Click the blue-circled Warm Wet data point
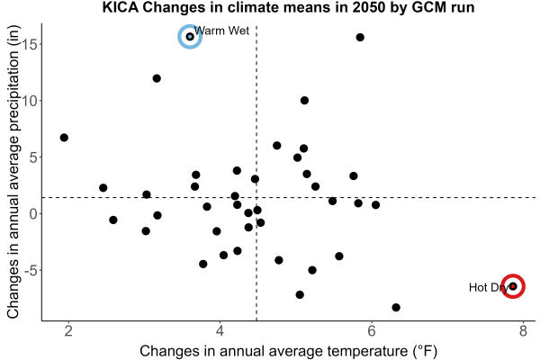pos(190,37)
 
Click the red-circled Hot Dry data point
pos(513,286)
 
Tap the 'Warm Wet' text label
pos(221,31)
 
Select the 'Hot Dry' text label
pos(489,287)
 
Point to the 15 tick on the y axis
pos(31,44)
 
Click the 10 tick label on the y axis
pos(31,101)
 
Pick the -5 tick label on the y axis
pos(31,270)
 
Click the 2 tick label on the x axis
pos(68,331)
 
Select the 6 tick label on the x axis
pos(372,331)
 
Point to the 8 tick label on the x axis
pos(523,331)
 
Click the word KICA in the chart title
pos(121,7)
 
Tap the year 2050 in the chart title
pos(368,7)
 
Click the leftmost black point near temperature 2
pos(64,138)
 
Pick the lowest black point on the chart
pos(396,307)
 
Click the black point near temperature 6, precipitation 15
pos(360,37)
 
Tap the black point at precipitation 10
pos(304,101)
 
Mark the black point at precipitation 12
pos(157,78)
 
